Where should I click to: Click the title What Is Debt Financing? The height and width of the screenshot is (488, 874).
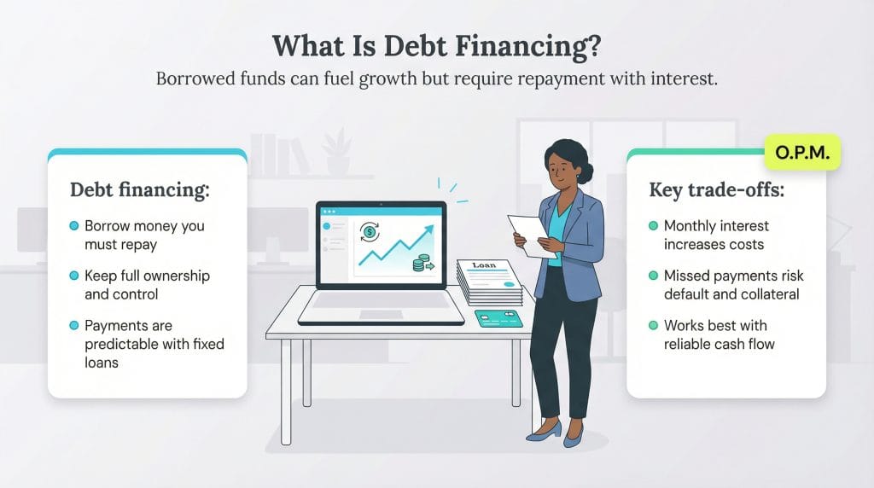tap(437, 47)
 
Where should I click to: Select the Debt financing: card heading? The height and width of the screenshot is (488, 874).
tap(139, 189)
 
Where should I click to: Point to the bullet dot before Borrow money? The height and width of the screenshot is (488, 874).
tap(74, 227)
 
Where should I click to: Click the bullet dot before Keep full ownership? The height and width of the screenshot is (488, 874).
tap(74, 276)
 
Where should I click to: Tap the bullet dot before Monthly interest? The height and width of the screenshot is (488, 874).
tap(654, 227)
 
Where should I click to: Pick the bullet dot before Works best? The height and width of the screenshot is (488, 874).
tap(654, 326)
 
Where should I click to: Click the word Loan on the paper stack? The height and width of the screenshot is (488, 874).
tap(483, 265)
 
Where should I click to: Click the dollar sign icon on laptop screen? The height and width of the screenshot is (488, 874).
tap(370, 231)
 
